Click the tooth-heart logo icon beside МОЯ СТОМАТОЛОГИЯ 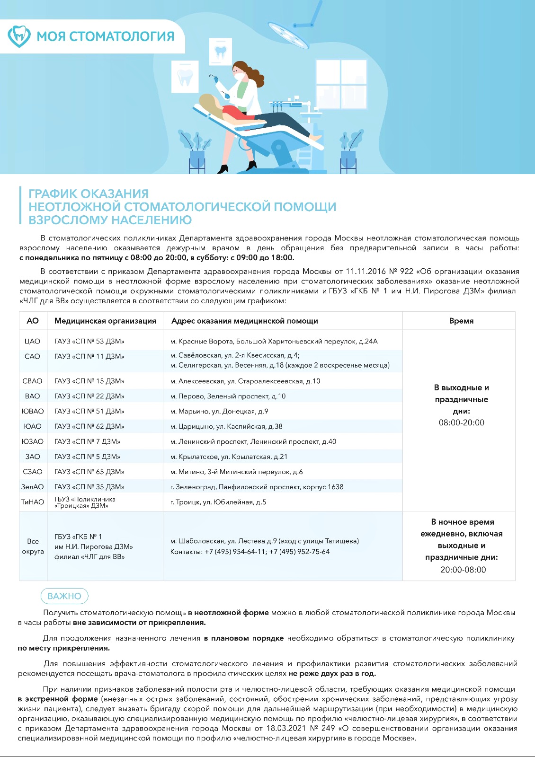point(19,36)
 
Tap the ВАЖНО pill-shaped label point(64,596)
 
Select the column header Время point(461,321)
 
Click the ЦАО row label point(32,341)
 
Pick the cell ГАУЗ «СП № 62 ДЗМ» point(89,426)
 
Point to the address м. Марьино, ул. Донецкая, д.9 point(219,411)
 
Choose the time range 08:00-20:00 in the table point(461,423)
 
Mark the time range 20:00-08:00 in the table point(463,570)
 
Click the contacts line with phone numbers point(250,552)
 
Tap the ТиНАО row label point(32,502)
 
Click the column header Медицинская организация point(105,321)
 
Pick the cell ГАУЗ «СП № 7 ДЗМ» point(87,441)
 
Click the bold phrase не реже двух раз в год point(332,673)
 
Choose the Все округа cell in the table point(33,546)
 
